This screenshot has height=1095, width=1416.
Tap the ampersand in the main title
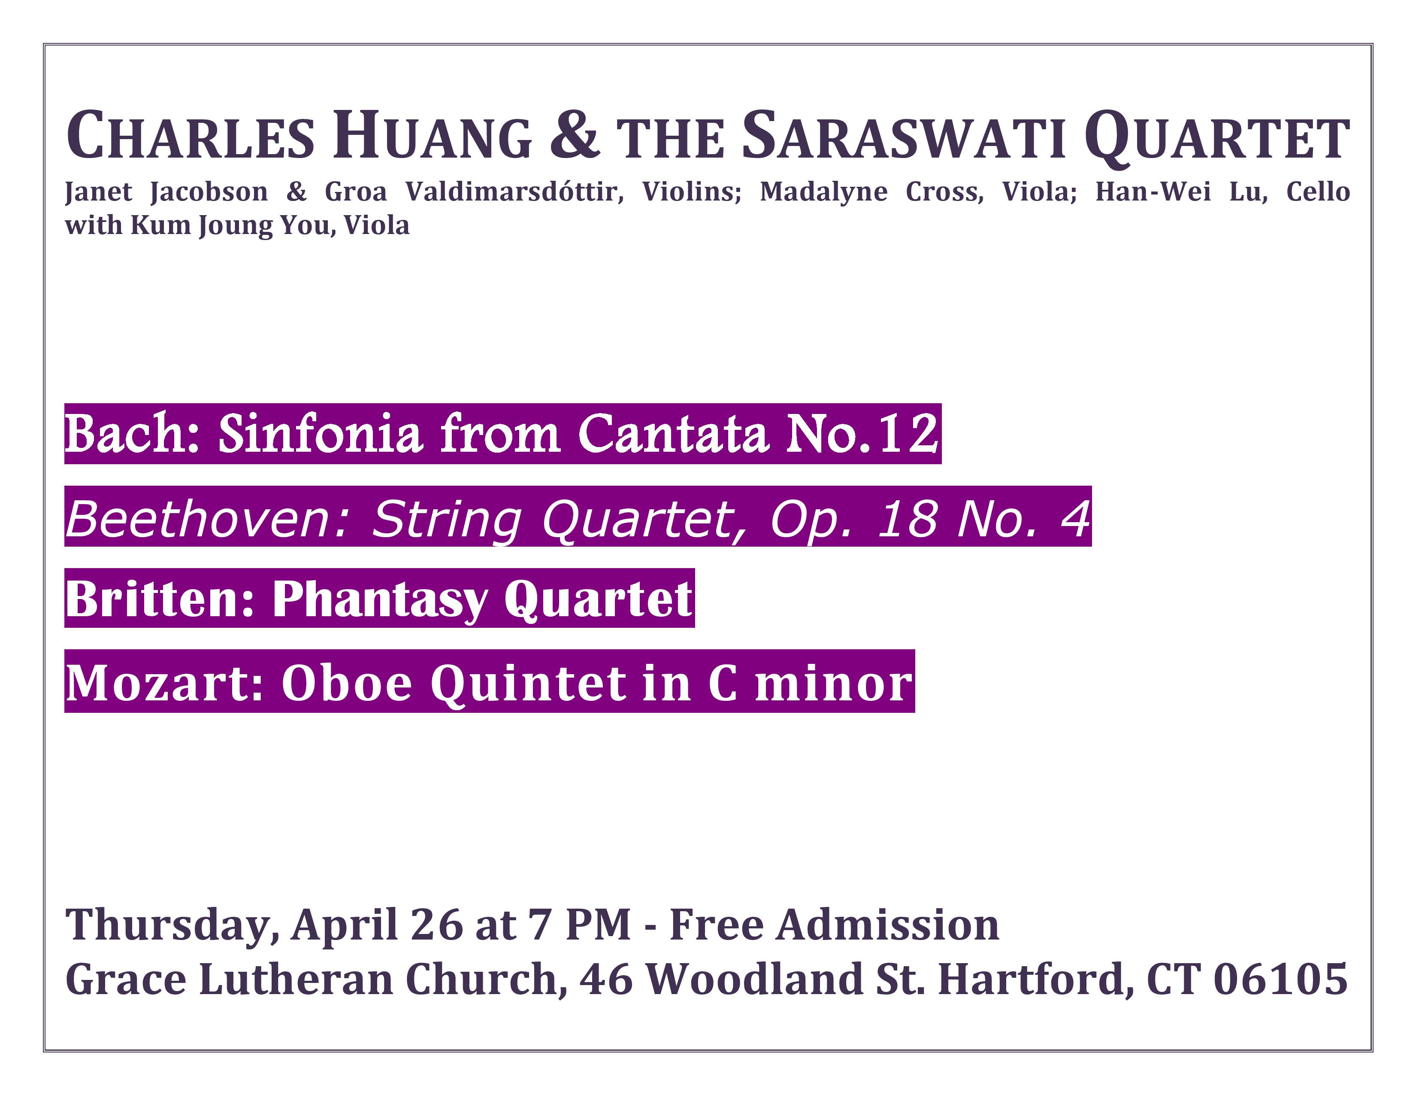(x=573, y=135)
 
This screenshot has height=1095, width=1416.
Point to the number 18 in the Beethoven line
(x=906, y=519)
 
